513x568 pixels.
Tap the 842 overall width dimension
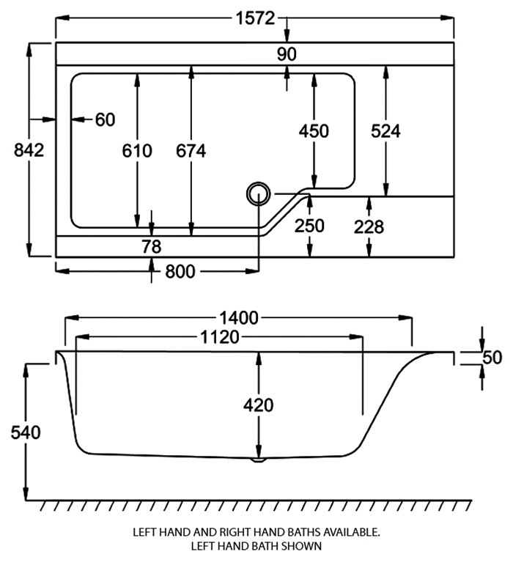click(x=29, y=150)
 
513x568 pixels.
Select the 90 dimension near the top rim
click(x=287, y=54)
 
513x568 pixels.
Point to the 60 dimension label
click(x=105, y=119)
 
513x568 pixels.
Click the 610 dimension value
click(x=137, y=151)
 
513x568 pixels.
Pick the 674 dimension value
click(x=191, y=151)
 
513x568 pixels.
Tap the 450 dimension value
click(x=314, y=131)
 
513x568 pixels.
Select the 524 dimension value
click(x=385, y=131)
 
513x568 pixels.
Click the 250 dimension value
click(x=309, y=226)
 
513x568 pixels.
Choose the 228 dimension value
click(x=369, y=227)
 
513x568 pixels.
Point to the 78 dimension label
click(x=151, y=246)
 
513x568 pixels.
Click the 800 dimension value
click(x=180, y=272)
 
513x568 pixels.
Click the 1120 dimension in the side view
click(x=221, y=338)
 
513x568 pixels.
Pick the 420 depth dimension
click(x=258, y=405)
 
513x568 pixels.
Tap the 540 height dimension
click(x=26, y=432)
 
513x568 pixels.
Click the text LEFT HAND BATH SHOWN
click(x=256, y=546)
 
